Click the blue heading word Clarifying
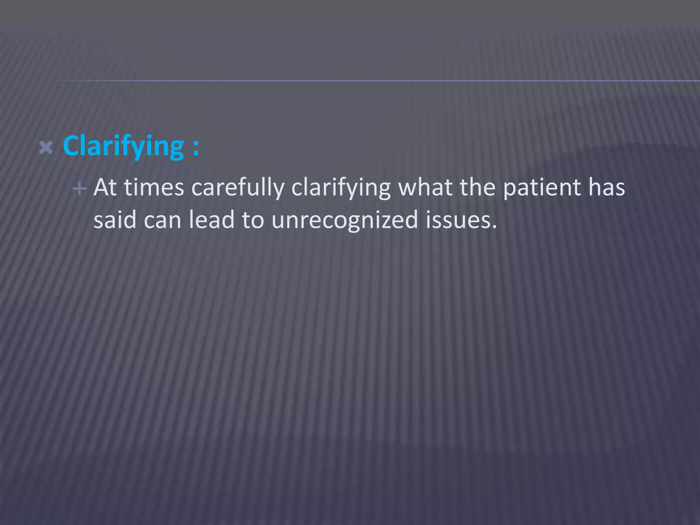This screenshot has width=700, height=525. click(x=123, y=147)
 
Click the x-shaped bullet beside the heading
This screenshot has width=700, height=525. click(x=46, y=148)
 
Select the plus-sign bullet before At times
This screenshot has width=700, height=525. click(x=80, y=189)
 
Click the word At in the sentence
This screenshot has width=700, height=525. click(x=105, y=188)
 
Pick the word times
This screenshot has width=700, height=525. click(x=154, y=188)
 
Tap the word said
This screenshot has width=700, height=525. click(x=115, y=220)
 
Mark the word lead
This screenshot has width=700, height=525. click(x=212, y=220)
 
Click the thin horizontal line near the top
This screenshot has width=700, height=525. click(x=376, y=81)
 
